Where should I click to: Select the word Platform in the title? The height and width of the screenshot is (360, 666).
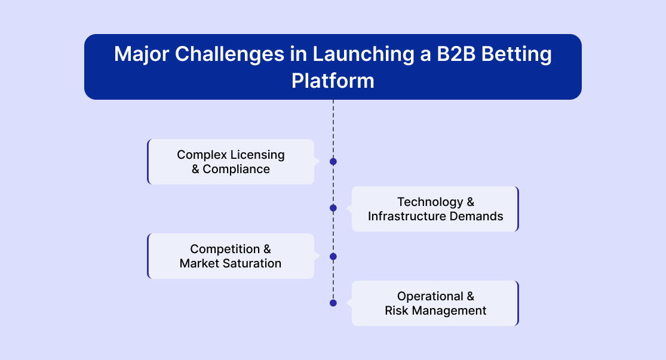point(333,81)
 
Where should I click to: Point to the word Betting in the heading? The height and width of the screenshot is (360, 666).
point(517,54)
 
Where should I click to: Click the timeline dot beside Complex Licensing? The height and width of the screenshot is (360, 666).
point(333,162)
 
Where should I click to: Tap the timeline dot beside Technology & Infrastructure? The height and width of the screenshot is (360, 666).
point(333,208)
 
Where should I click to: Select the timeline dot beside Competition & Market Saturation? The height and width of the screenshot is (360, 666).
point(333,257)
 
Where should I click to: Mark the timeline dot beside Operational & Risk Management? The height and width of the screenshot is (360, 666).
point(333,303)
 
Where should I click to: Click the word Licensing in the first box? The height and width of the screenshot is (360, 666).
point(257,155)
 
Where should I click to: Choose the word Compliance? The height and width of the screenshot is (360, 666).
point(237,170)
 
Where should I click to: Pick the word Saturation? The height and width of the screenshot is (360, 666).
point(254,263)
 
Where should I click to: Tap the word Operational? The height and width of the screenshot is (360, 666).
point(430,296)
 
